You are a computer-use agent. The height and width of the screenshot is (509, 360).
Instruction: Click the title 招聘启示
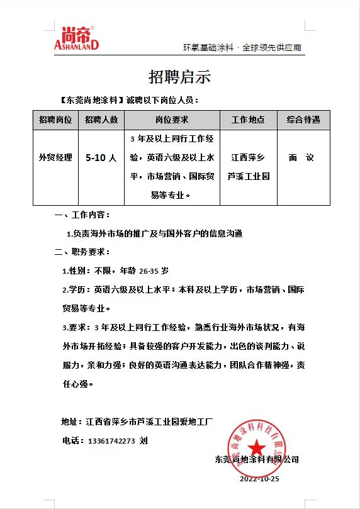click(x=179, y=77)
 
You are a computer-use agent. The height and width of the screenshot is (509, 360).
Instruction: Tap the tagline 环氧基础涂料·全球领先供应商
click(x=242, y=48)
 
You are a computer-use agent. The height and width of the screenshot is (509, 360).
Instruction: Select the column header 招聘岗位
click(x=55, y=120)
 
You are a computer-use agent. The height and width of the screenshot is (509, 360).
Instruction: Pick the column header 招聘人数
click(x=101, y=120)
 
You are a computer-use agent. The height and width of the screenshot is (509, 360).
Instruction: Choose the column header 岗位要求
click(x=171, y=120)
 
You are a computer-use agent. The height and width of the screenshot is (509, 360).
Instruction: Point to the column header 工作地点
click(x=248, y=120)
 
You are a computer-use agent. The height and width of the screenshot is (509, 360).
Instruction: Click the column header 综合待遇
click(x=303, y=120)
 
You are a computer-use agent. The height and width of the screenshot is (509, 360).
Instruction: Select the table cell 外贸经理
click(x=55, y=158)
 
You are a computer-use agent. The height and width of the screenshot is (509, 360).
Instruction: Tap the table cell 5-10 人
click(x=101, y=158)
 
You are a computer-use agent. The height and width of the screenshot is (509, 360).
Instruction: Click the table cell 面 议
click(x=302, y=158)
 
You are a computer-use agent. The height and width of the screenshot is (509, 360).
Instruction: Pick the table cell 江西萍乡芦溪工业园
click(x=248, y=167)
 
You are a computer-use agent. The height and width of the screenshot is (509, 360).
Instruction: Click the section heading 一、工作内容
click(x=82, y=215)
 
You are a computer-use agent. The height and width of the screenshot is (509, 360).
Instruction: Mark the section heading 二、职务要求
click(x=82, y=252)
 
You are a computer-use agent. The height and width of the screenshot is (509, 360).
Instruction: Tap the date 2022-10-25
click(x=259, y=479)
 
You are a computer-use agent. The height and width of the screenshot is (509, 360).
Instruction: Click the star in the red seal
click(x=256, y=447)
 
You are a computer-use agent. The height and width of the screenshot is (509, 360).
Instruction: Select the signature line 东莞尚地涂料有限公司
click(x=256, y=459)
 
